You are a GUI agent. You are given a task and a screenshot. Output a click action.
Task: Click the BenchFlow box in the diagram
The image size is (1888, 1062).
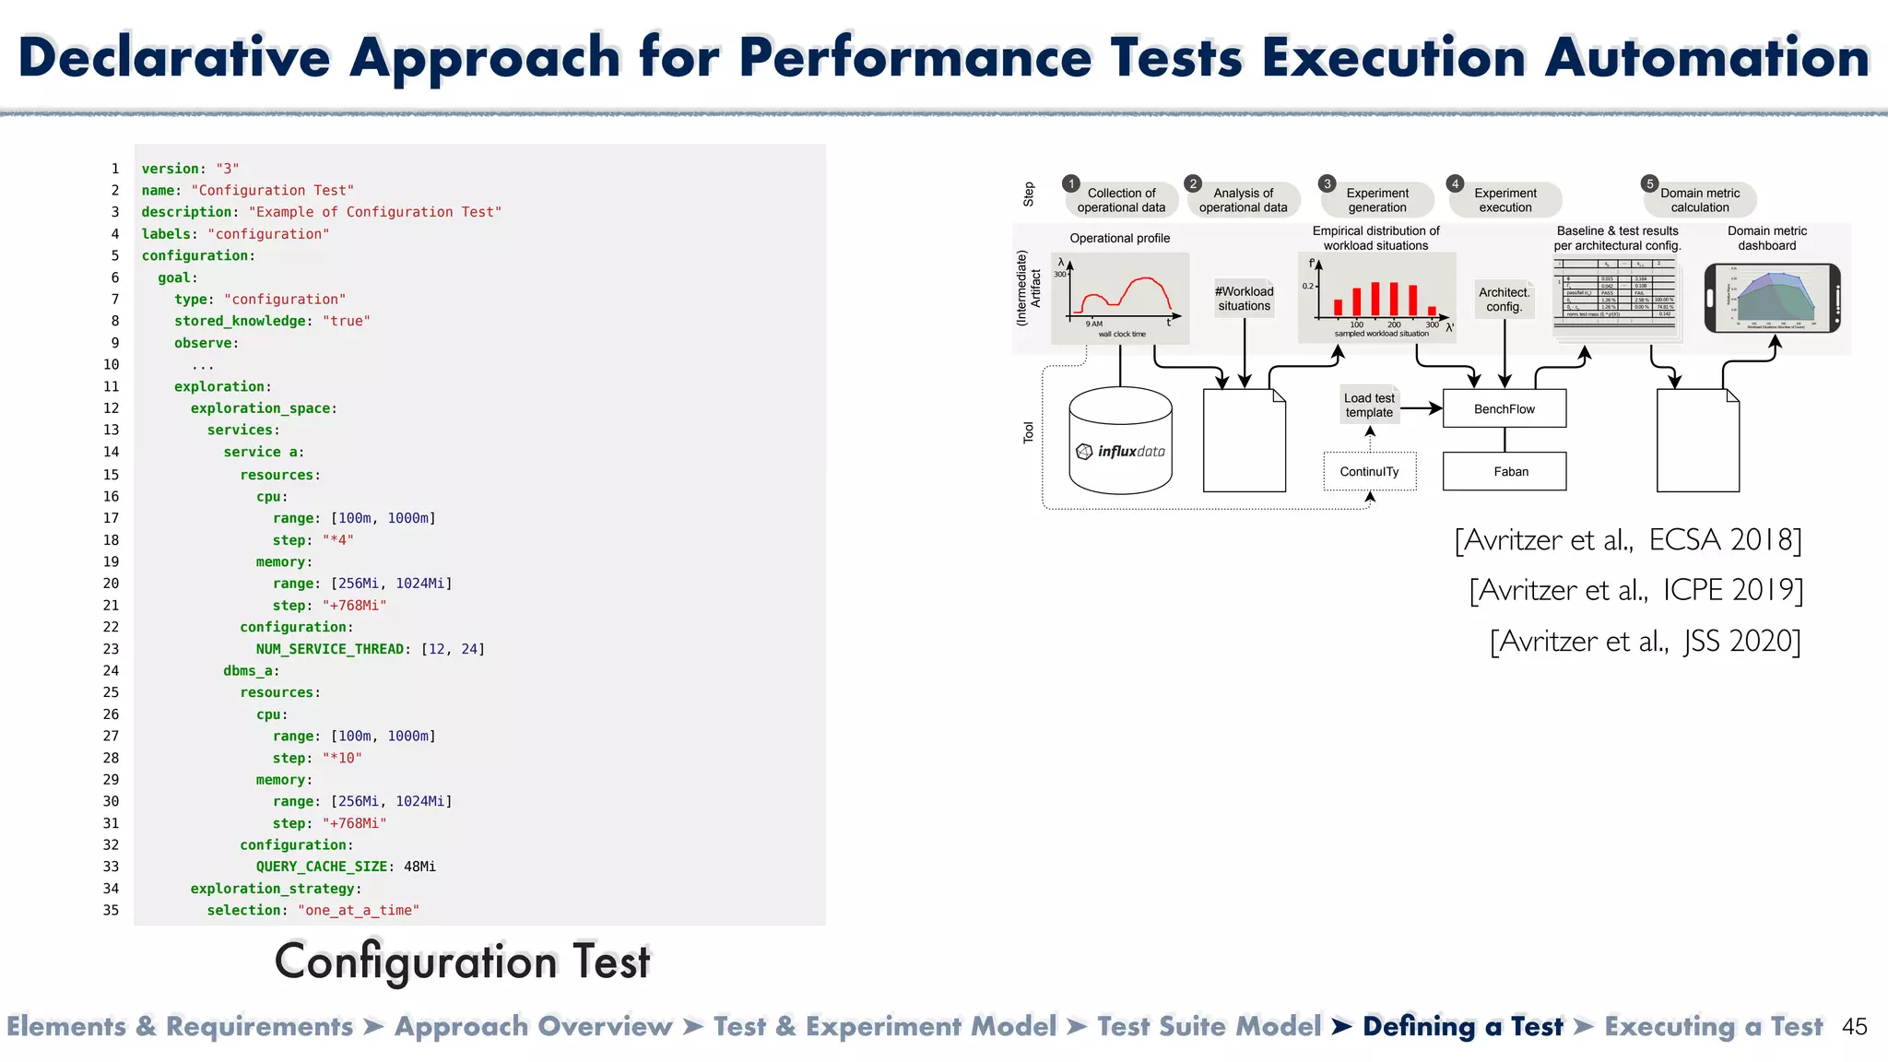tap(1504, 408)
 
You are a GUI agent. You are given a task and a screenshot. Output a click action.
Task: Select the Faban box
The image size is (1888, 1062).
tap(1504, 471)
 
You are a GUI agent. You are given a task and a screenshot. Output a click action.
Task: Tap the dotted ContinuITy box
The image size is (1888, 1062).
tap(1369, 471)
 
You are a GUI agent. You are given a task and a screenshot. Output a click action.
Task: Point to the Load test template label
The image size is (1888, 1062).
tap(1369, 406)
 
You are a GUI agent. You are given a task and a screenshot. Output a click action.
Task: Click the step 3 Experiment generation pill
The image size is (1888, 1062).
tap(1377, 200)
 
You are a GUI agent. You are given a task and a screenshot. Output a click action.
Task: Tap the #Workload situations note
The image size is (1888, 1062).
tap(1244, 299)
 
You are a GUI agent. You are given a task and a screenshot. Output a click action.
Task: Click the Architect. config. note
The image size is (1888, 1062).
tap(1504, 300)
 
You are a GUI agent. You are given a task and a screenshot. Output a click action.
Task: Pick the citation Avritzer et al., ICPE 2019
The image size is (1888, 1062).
tap(1635, 590)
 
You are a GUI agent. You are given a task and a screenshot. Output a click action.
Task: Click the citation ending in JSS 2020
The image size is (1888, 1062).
tap(1645, 641)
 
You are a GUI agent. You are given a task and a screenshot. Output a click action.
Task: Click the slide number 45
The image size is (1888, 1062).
tap(1854, 1027)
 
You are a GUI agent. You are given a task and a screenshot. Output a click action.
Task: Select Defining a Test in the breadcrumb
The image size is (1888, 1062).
tap(1462, 1027)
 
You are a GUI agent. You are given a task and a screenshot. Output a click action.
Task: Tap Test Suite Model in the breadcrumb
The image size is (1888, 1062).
tap(1209, 1027)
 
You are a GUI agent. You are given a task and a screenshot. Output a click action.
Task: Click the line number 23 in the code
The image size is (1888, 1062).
tap(111, 649)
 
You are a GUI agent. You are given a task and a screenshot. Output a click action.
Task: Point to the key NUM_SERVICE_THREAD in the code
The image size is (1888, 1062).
tap(330, 649)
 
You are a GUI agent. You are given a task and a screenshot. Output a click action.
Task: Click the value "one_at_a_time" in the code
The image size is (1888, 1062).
tap(358, 911)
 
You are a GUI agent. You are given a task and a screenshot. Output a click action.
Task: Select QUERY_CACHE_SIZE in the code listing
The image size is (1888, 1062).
tap(321, 867)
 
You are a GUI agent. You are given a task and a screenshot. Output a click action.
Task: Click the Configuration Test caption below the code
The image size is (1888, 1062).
tap(462, 962)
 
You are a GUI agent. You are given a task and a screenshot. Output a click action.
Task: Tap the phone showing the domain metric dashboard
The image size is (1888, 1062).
tap(1771, 299)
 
